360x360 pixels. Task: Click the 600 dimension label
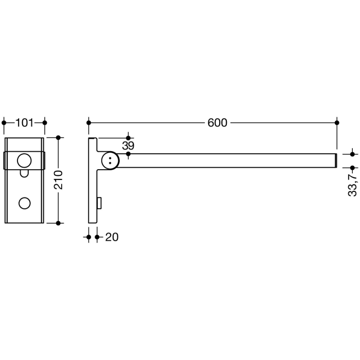pos(217,123)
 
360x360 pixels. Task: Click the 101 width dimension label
pos(24,123)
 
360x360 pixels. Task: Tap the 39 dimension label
pos(128,146)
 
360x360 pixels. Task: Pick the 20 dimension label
pos(112,237)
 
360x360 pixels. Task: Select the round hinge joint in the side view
pos(110,160)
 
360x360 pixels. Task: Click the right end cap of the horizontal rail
pos(336,160)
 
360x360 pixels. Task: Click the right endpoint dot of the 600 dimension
pos(337,123)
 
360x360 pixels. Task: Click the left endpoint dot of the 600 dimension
pos(89,123)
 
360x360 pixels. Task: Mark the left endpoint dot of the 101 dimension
pos(5,123)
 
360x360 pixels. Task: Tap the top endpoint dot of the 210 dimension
pos(58,137)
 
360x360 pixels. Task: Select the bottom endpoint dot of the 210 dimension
pos(58,223)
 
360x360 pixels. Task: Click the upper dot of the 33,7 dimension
pos(352,154)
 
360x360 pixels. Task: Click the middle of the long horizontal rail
pos(226,160)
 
